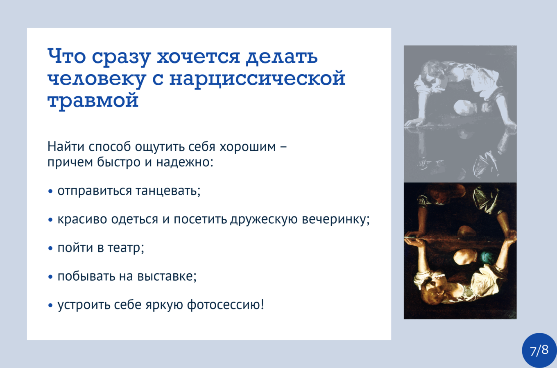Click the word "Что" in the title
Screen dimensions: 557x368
tap(67, 56)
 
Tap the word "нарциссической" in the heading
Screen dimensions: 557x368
tap(257, 78)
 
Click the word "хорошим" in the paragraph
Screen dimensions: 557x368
tap(248, 147)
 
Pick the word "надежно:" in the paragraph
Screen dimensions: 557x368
tap(184, 162)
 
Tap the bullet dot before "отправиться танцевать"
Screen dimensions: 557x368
tap(50, 191)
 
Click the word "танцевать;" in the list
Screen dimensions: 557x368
tap(168, 191)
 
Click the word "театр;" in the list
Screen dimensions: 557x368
tap(125, 248)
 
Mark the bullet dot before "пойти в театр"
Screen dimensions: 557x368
tap(50, 248)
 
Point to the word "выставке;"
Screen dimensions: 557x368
tap(167, 276)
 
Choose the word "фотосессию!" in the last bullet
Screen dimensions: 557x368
tap(225, 305)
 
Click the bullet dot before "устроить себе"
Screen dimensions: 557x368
tap(50, 305)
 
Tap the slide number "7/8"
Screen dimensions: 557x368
tap(539, 350)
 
